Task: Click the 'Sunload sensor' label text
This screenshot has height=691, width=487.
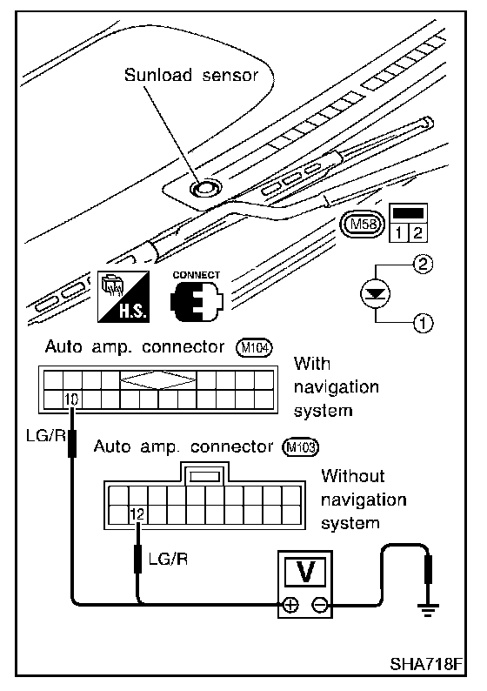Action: (190, 75)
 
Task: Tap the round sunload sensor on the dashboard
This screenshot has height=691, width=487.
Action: (205, 189)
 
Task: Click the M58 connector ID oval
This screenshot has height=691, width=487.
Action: (362, 225)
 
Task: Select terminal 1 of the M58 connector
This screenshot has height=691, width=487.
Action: (398, 232)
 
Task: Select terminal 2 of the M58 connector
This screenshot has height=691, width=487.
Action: (417, 232)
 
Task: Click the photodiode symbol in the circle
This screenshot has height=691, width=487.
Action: (376, 294)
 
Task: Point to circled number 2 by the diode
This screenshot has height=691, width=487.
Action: (424, 264)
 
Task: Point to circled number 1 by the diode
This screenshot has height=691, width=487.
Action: (424, 324)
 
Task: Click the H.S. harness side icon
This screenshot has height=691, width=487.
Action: (123, 296)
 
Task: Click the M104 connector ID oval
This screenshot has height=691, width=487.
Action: (255, 348)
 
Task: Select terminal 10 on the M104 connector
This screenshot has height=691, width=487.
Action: (72, 399)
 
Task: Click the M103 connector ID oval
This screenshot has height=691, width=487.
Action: (301, 447)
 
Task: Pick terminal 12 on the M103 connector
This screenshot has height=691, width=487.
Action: (137, 513)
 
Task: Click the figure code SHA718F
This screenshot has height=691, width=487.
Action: (427, 663)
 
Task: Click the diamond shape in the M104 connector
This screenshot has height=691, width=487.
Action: (158, 379)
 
